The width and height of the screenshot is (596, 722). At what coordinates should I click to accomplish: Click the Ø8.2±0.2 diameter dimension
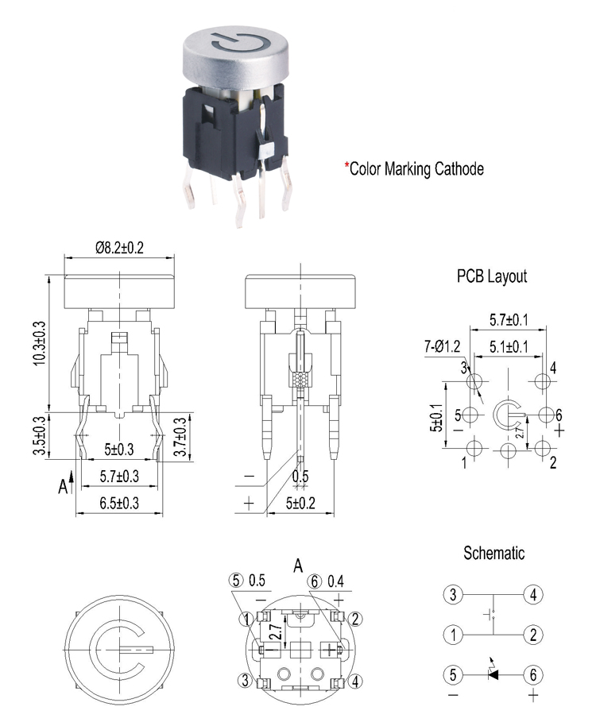(x=119, y=248)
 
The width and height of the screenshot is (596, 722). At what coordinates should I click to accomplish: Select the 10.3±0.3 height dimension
(x=40, y=343)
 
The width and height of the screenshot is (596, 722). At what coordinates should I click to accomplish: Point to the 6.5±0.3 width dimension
(x=119, y=503)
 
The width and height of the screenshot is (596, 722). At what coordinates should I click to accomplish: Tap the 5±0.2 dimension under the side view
(x=300, y=503)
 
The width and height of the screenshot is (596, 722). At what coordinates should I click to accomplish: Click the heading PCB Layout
(x=492, y=276)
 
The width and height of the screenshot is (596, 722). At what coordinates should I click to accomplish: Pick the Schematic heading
(x=493, y=553)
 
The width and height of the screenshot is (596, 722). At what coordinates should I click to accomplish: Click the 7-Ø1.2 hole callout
(x=442, y=346)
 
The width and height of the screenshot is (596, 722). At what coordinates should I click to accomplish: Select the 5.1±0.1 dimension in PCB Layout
(x=509, y=346)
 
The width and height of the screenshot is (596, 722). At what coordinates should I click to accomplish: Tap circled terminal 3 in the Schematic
(x=453, y=594)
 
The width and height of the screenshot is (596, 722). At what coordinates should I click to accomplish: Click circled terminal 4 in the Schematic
(x=533, y=594)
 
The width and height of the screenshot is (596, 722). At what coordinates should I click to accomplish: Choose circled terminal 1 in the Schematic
(x=453, y=635)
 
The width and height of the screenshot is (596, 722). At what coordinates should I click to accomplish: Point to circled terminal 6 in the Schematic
(x=533, y=675)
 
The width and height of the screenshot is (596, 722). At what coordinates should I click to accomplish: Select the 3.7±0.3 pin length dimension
(x=180, y=437)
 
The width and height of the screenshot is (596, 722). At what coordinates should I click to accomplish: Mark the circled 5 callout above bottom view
(x=236, y=581)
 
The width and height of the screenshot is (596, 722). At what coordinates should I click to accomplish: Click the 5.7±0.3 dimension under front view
(x=119, y=476)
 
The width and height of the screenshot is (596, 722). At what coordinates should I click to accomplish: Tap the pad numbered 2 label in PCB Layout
(x=553, y=462)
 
